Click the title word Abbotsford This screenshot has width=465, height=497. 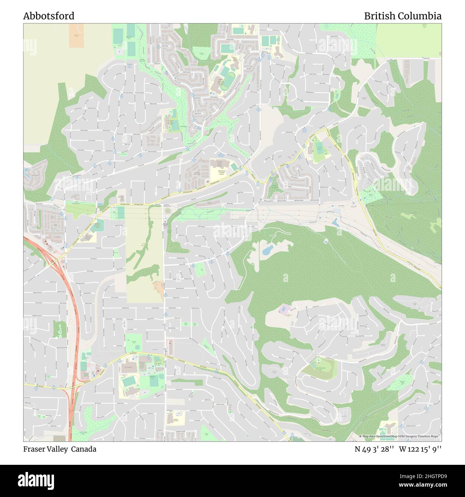[49, 16]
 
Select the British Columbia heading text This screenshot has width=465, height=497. [402, 16]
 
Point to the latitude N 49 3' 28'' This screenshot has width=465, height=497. [374, 449]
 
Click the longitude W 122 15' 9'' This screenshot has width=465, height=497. [420, 449]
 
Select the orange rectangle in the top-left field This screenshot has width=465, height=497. [76, 36]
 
